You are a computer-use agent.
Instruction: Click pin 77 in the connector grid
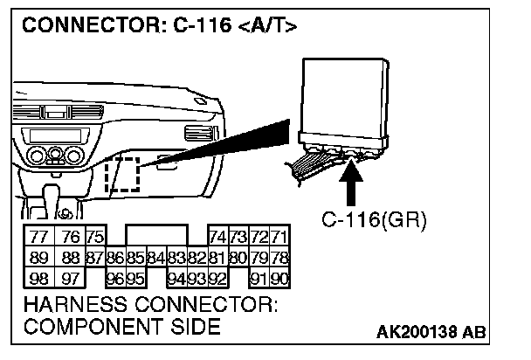tap(38, 238)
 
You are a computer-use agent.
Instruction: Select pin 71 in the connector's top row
tap(279, 238)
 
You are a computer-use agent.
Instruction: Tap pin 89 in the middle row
tap(38, 258)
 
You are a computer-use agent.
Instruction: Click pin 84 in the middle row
tap(155, 258)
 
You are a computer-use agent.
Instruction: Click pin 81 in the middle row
tap(217, 258)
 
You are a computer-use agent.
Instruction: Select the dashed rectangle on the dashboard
tap(121, 175)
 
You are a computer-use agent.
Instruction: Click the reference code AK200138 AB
tap(433, 333)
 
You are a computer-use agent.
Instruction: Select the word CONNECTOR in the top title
tap(87, 26)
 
